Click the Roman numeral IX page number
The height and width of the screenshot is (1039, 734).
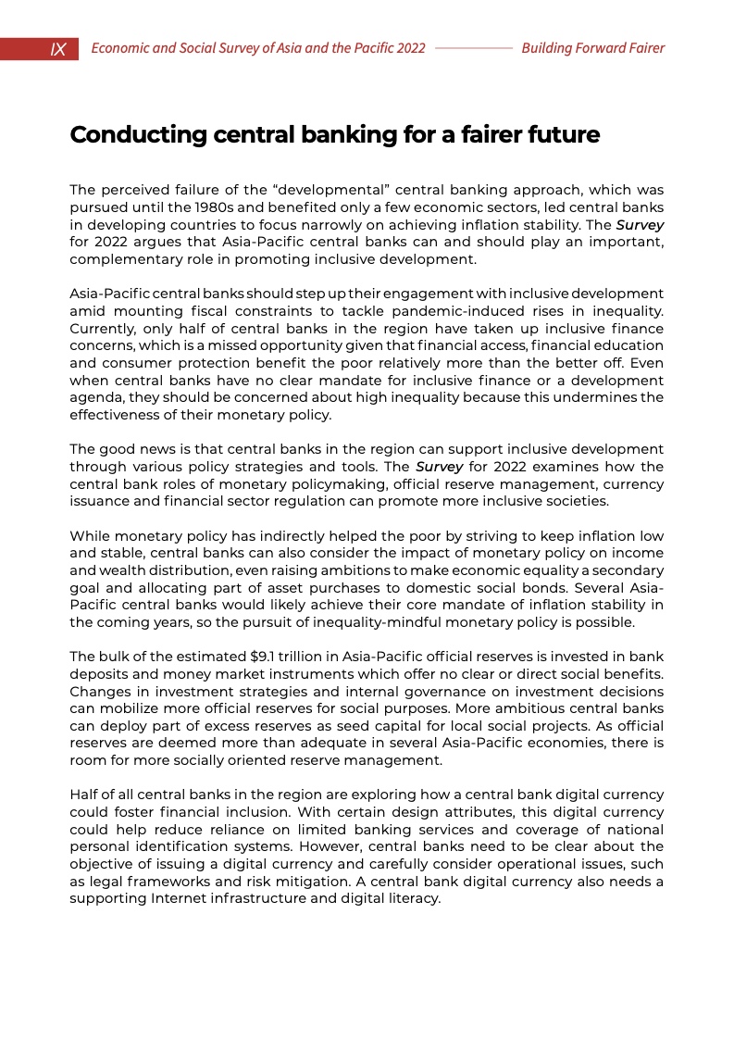[57, 49]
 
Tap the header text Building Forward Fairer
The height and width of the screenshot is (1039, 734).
[592, 48]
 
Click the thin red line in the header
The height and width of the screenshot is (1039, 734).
[473, 48]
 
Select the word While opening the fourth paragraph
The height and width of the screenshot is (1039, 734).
[90, 535]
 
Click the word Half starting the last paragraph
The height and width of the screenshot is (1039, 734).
[85, 795]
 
